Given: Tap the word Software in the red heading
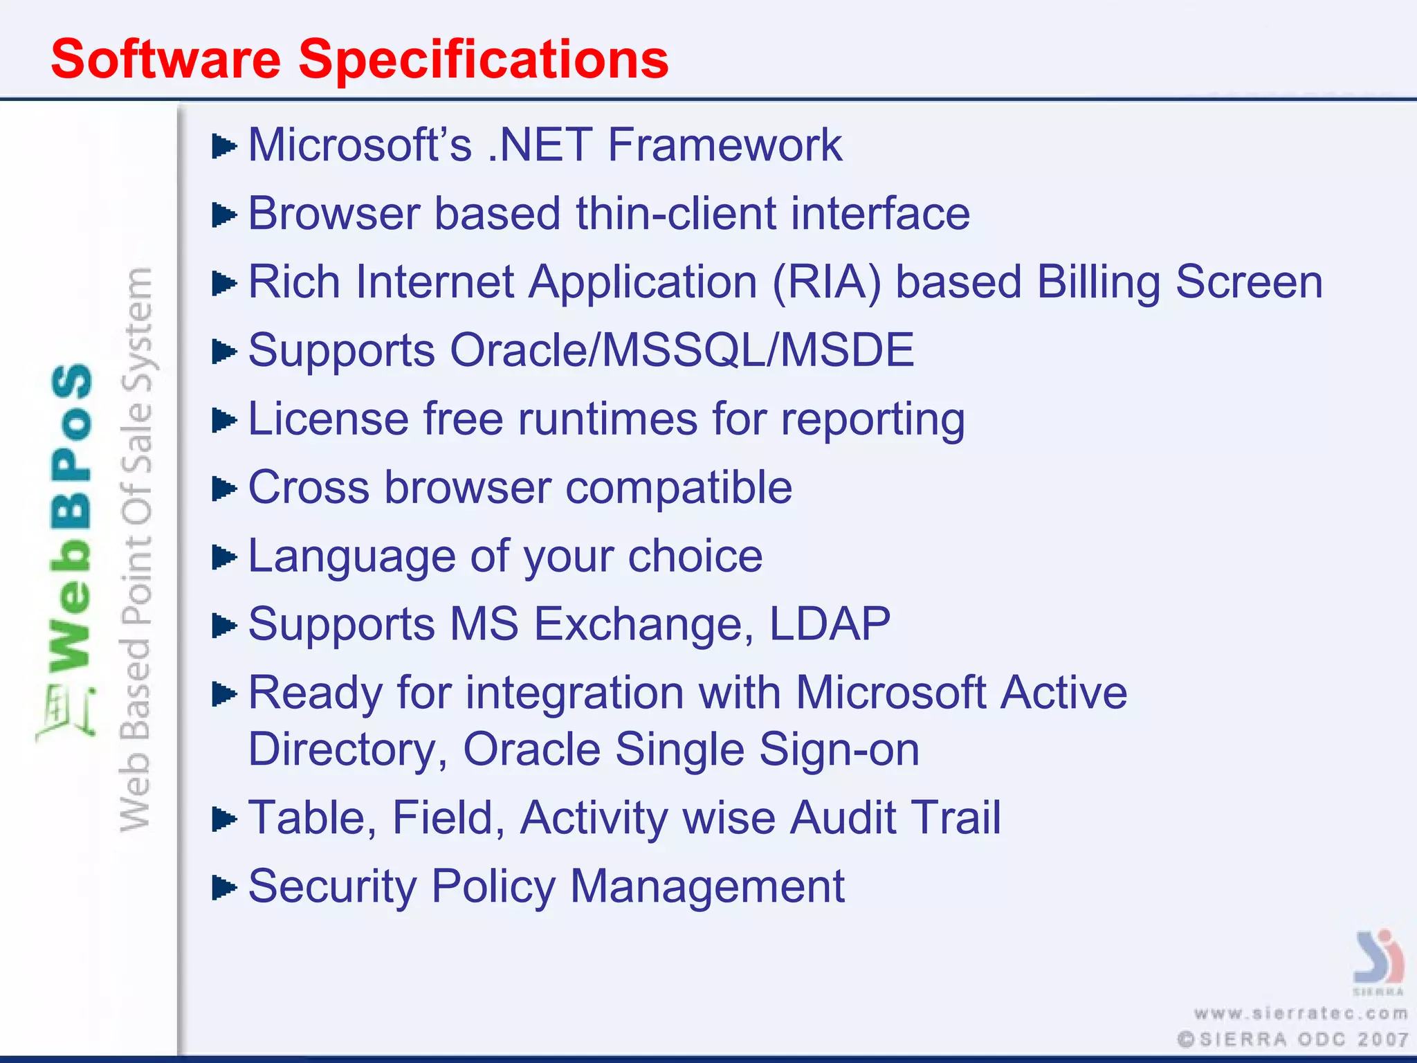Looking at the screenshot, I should coord(166,60).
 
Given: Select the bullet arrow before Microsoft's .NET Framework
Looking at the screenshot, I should coord(223,147).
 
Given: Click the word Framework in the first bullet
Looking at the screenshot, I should coord(724,145).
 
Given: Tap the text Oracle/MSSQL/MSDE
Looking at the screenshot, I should coord(682,350).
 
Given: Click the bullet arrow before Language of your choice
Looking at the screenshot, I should coord(223,557).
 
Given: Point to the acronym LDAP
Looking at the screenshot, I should coord(830,624).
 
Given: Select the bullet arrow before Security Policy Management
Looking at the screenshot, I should coord(223,887).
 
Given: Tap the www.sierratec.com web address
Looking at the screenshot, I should coord(1301,1014).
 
